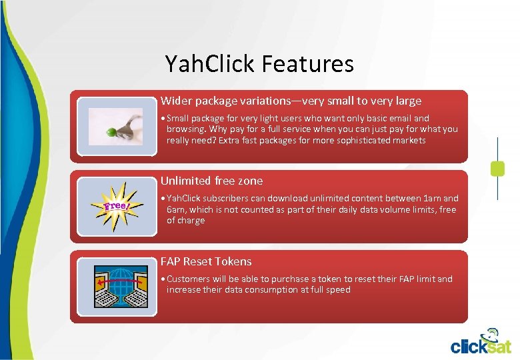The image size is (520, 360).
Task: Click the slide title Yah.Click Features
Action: (259, 64)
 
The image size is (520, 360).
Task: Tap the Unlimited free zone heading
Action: (211, 181)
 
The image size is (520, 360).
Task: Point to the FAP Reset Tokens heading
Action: (206, 261)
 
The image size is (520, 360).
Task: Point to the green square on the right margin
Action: (497, 168)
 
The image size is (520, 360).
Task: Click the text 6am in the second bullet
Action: (176, 209)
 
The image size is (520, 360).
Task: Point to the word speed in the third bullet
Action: (338, 289)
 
